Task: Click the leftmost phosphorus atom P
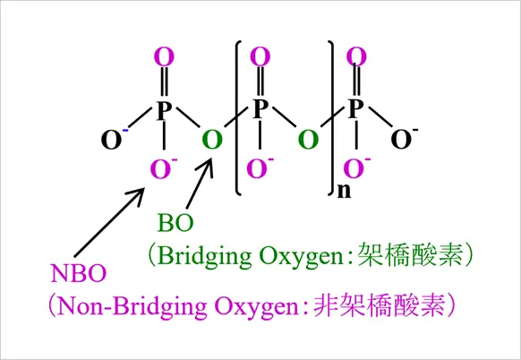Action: tap(164, 110)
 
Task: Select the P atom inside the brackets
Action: tap(260, 108)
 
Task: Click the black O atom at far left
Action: tap(111, 140)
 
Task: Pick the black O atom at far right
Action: tap(401, 140)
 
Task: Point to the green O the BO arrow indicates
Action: tap(212, 140)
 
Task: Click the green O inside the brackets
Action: tap(308, 140)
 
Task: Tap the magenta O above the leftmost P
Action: tap(164, 56)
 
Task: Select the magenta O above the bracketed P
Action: tap(260, 56)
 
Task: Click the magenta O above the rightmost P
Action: tap(356, 56)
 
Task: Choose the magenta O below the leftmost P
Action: tap(161, 169)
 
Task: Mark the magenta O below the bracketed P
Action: tap(257, 168)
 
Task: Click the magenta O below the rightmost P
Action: tap(354, 168)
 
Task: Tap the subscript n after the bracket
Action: tap(344, 191)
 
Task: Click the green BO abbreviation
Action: tap(175, 223)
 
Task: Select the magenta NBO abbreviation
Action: tap(79, 273)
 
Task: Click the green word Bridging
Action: tap(204, 257)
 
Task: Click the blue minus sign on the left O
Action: tap(125, 131)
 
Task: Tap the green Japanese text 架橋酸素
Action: tap(410, 255)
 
